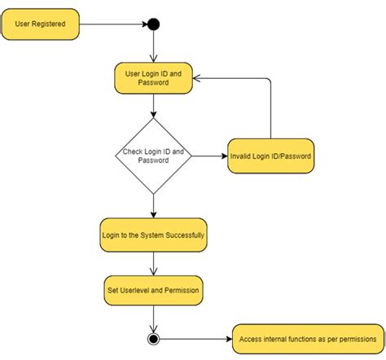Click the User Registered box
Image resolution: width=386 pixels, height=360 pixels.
pyautogui.click(x=41, y=24)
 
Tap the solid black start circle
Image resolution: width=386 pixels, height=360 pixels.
pyautogui.click(x=153, y=24)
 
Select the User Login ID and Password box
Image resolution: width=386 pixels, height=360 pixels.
pyautogui.click(x=153, y=78)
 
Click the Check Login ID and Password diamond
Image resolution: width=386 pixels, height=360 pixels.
pyautogui.click(x=153, y=156)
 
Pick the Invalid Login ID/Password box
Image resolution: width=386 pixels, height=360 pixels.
pyautogui.click(x=270, y=156)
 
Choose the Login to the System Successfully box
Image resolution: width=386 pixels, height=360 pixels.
pyautogui.click(x=153, y=235)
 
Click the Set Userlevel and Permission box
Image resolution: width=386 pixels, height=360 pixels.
pyautogui.click(x=153, y=289)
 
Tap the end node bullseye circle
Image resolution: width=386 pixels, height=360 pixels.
pyautogui.click(x=153, y=338)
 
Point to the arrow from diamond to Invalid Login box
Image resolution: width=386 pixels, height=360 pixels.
pyautogui.click(x=209, y=156)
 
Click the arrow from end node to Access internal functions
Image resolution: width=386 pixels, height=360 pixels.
pyautogui.click(x=195, y=338)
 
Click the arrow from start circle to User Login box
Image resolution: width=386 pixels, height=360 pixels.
pyautogui.click(x=153, y=47)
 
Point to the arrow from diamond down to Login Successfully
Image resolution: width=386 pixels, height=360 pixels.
pyautogui.click(x=153, y=205)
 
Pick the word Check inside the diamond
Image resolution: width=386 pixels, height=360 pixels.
pyautogui.click(x=132, y=151)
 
